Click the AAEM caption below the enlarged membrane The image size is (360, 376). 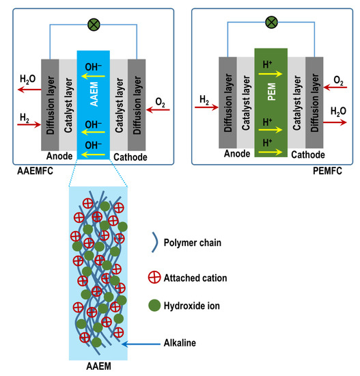(99, 368)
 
